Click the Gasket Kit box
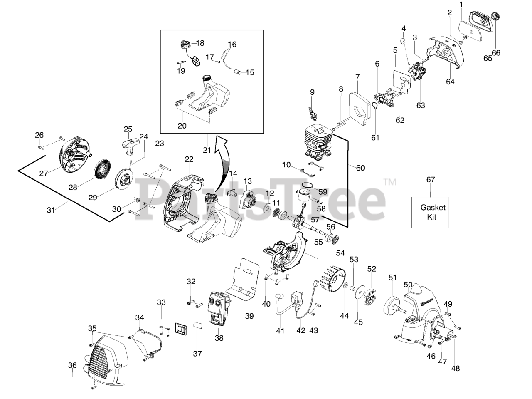pos(430,212)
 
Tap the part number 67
pos(431,180)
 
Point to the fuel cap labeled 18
pos(185,43)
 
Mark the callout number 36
pos(73,365)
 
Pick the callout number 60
pos(360,168)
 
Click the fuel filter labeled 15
pos(239,72)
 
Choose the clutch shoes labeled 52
pos(369,292)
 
